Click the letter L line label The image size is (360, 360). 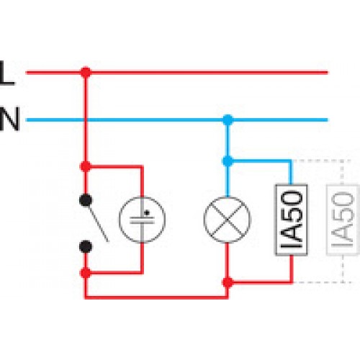[x=6, y=73]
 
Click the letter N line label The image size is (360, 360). [x=9, y=120]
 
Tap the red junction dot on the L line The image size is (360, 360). [x=86, y=72]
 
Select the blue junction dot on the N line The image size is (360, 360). [x=228, y=120]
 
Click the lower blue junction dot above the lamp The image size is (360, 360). [x=228, y=161]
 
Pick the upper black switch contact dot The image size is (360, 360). [x=86, y=200]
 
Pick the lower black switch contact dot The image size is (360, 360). [x=86, y=247]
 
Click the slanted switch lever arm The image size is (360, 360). [x=99, y=224]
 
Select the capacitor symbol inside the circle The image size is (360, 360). [x=142, y=220]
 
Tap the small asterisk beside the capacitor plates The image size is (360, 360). [x=147, y=212]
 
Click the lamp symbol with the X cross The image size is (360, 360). [x=227, y=220]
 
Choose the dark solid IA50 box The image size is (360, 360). [x=291, y=220]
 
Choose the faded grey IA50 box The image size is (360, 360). [x=343, y=220]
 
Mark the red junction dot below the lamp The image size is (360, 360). [x=228, y=283]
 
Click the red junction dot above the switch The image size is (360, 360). [x=86, y=166]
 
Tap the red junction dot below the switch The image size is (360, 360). [x=86, y=273]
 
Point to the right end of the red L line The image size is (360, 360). [x=328, y=72]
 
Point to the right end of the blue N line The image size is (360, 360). [x=328, y=120]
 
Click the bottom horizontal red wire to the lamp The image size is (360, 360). [x=156, y=297]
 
